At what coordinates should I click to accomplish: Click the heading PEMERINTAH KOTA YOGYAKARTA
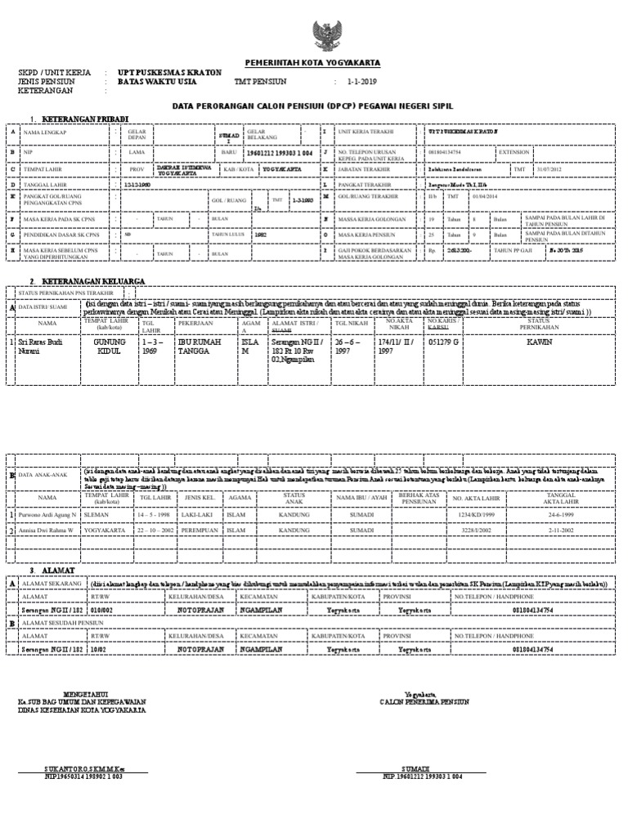(x=313, y=63)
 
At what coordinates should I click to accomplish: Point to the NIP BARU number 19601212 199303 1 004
(x=278, y=152)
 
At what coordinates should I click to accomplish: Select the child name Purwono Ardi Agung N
(x=47, y=514)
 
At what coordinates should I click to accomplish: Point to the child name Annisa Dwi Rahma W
(x=47, y=530)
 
